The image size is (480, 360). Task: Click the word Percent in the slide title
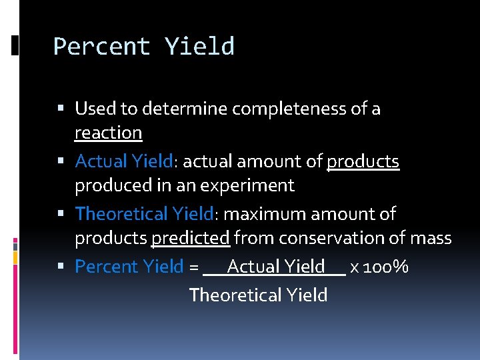tap(102, 47)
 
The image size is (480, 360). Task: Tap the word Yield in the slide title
tap(199, 47)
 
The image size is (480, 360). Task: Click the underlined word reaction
tap(108, 133)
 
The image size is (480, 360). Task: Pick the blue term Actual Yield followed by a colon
tap(125, 161)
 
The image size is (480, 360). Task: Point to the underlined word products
tap(363, 161)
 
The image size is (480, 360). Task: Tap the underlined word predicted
tap(191, 238)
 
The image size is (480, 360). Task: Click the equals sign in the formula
tap(193, 267)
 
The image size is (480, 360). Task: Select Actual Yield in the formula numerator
tap(275, 267)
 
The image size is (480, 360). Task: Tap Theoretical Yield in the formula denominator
tap(258, 295)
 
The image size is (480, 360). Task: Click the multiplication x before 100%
tap(354, 267)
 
